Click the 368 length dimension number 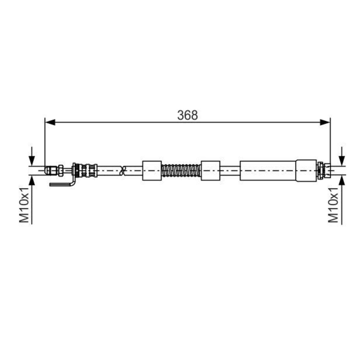click(187, 115)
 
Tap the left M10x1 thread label click(24, 205)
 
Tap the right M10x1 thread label click(333, 205)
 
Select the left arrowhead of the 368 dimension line click(50, 122)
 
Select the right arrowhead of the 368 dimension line click(325, 122)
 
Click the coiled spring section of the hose click(181, 171)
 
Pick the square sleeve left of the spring click(152, 171)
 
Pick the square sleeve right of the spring click(211, 171)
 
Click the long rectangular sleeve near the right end click(268, 171)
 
